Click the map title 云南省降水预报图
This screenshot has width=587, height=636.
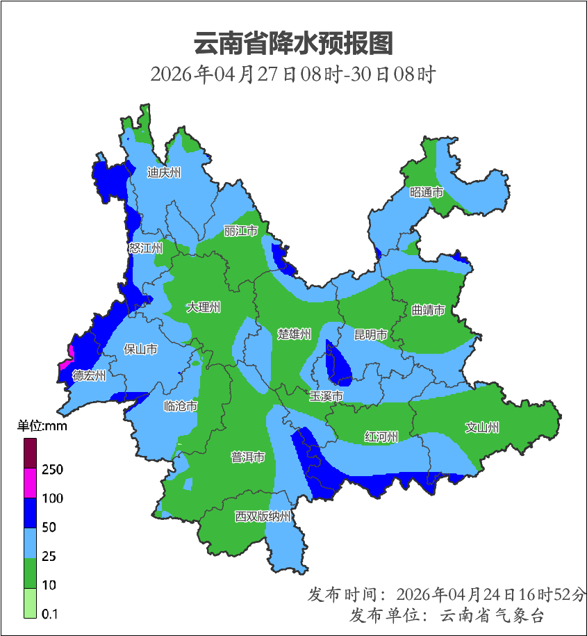(x=293, y=43)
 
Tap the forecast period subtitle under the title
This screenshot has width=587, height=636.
(x=293, y=74)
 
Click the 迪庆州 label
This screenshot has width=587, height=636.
(x=163, y=172)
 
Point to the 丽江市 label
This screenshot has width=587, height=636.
(x=241, y=230)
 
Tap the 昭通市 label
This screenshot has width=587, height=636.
(x=426, y=193)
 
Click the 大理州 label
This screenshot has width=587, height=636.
(x=204, y=307)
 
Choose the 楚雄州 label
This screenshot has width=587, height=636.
(x=295, y=334)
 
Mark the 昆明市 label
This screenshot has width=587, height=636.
(x=371, y=334)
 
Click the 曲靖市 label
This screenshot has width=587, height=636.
(x=428, y=310)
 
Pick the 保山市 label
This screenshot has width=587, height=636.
(x=140, y=349)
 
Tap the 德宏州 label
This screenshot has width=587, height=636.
(x=90, y=375)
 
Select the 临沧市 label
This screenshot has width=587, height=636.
(x=180, y=406)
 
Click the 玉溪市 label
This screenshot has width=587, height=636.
(x=326, y=396)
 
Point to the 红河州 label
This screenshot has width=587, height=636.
(x=381, y=437)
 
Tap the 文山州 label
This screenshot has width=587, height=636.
(x=482, y=427)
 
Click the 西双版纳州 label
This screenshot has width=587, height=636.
(x=263, y=516)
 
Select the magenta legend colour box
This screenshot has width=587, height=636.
(x=31, y=483)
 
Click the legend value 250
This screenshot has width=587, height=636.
(x=52, y=470)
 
